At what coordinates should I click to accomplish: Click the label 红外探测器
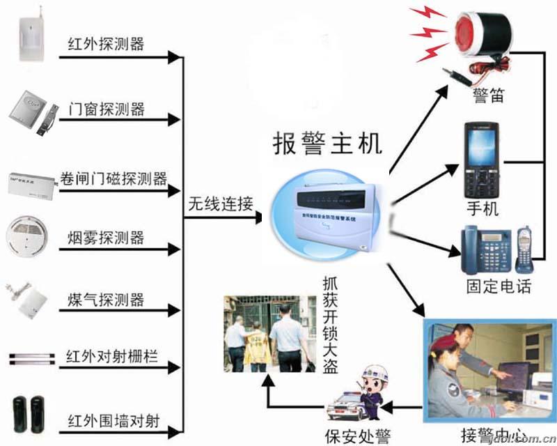point(106,44)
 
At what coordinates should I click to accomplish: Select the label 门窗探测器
point(106,109)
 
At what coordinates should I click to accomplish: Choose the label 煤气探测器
point(106,300)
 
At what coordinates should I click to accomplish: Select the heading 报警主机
point(327,144)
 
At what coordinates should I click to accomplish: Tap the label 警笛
point(487,93)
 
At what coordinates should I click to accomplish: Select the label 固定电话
point(499,286)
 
